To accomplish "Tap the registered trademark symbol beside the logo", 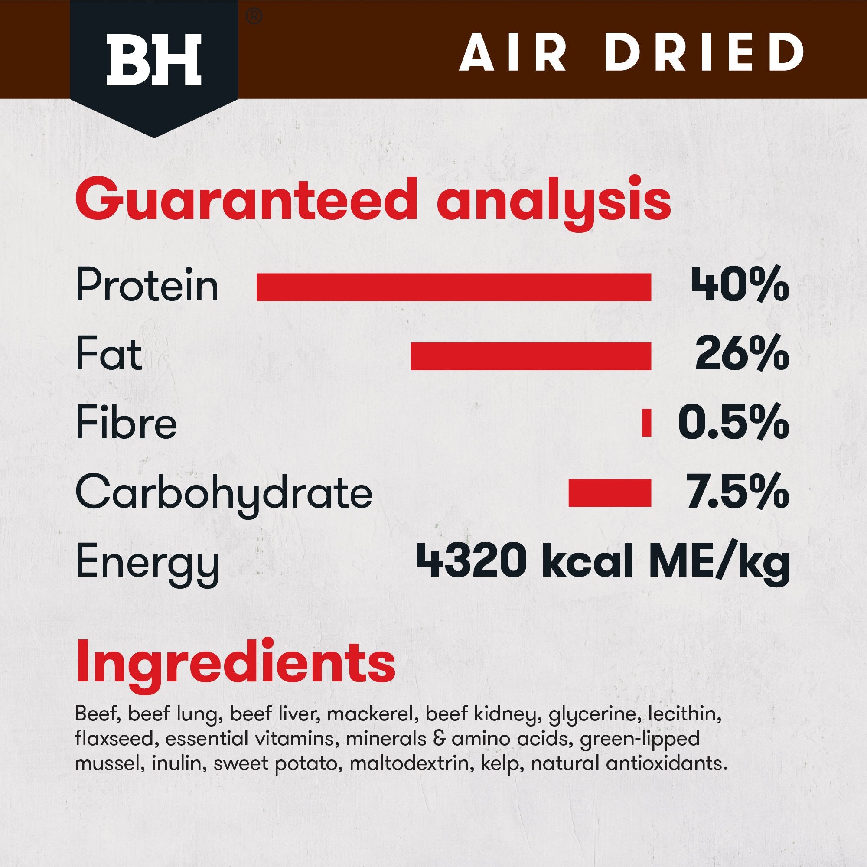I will click(254, 17).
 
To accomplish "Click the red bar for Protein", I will click(453, 286).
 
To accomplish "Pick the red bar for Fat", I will click(531, 356).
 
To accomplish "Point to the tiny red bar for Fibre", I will click(646, 423).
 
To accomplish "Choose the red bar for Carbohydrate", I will click(610, 493).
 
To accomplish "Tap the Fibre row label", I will click(127, 424).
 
